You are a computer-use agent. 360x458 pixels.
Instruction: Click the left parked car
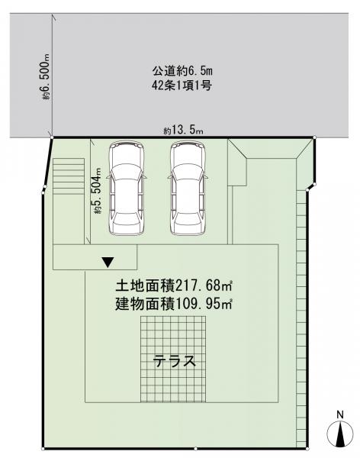pos(127,188)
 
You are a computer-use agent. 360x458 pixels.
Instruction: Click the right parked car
pos(188,188)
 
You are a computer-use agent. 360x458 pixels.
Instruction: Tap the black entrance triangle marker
pos(108,262)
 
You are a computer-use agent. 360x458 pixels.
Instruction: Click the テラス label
pos(175,361)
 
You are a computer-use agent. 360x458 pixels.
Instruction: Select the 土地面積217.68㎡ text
pos(174,285)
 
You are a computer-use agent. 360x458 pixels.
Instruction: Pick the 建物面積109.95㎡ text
pos(174,304)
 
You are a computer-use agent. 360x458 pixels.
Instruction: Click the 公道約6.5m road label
pos(182,71)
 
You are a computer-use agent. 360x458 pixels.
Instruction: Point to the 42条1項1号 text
pos(182,85)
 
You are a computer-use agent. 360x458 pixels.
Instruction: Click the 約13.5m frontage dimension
pos(183,130)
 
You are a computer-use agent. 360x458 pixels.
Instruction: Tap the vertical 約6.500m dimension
pos(46,77)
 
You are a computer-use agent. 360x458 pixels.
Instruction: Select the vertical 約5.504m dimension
pos(98,191)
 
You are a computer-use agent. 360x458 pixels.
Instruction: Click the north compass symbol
pos(340,434)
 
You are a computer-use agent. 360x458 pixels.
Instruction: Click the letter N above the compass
pos(340,414)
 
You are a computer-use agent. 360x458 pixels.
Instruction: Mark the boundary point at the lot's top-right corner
pos(314,137)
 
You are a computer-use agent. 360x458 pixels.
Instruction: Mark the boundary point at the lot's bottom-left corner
pos(43,449)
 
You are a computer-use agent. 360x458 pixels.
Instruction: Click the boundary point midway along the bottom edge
pos(195,449)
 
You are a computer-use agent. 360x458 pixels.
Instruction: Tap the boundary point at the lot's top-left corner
pos(52,137)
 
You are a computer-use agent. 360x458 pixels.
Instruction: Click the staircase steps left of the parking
pos(69,176)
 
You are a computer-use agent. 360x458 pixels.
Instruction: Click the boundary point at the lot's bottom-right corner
pos(307,449)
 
